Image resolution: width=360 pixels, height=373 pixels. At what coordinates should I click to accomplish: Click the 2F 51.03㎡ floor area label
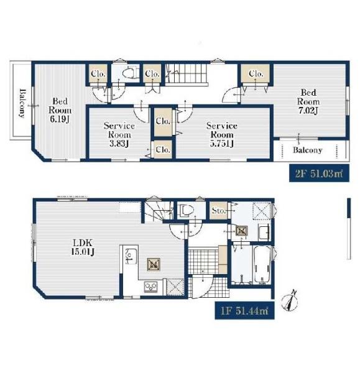[319, 173]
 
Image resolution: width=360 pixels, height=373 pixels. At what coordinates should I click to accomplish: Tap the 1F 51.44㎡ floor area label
[244, 310]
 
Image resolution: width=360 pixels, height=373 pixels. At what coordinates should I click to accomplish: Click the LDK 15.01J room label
[83, 247]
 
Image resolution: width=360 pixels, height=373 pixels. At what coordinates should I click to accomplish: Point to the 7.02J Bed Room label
[308, 101]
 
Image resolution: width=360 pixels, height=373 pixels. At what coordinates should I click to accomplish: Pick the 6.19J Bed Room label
[60, 110]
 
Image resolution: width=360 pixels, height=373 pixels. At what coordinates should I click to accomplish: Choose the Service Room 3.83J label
[119, 135]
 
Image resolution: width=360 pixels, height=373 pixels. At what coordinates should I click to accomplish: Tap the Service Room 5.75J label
[222, 135]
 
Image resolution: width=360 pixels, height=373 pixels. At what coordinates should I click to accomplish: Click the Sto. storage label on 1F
[218, 211]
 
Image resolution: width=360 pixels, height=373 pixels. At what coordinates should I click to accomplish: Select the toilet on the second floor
[129, 73]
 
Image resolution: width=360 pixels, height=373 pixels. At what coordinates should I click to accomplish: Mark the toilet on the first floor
[187, 210]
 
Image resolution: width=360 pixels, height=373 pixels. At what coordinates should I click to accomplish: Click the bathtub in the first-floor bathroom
[262, 264]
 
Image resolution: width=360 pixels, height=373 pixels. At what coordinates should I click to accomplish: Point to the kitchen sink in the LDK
[131, 256]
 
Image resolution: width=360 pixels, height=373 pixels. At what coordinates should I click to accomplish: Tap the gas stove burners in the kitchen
[151, 286]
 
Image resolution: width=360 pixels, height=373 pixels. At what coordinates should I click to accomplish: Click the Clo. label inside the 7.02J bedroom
[256, 74]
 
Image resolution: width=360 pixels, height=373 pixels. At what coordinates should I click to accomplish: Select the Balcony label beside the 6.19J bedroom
[22, 103]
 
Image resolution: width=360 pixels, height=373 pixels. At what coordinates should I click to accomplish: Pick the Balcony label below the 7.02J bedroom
[307, 150]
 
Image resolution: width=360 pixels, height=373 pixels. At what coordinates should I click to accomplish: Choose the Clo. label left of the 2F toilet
[98, 74]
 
